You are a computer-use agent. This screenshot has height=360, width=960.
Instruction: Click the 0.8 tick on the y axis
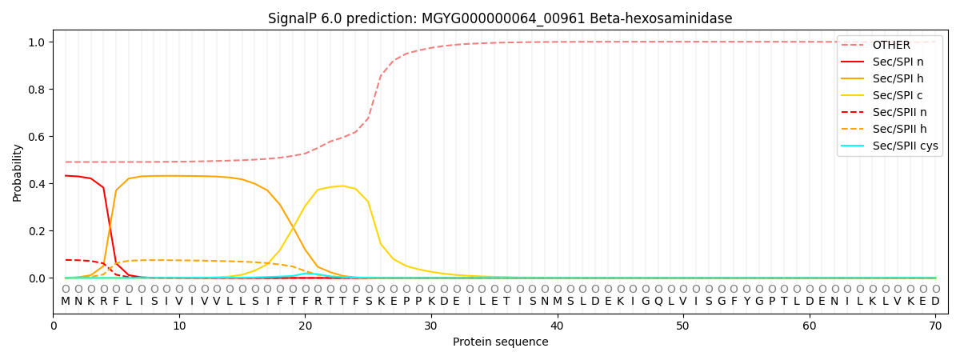pyautogui.click(x=37, y=90)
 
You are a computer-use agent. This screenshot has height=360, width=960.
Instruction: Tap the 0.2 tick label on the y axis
pyautogui.click(x=37, y=231)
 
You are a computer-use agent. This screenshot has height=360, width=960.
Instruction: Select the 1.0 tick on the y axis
pyautogui.click(x=37, y=42)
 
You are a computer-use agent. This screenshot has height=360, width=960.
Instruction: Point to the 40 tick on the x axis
pyautogui.click(x=557, y=326)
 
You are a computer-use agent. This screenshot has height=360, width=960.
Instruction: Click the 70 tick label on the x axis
pyautogui.click(x=935, y=326)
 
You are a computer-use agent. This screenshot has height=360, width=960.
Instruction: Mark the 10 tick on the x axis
pyautogui.click(x=179, y=326)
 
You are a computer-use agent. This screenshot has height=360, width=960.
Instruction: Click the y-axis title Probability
pyautogui.click(x=17, y=173)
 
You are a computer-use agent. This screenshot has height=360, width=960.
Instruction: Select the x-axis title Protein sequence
pyautogui.click(x=501, y=342)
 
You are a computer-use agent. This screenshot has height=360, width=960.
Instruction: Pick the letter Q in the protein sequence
pyautogui.click(x=658, y=302)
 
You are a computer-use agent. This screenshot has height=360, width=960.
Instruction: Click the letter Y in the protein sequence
pyautogui.click(x=746, y=301)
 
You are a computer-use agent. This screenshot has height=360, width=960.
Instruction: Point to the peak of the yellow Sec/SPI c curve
pyautogui.click(x=342, y=186)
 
